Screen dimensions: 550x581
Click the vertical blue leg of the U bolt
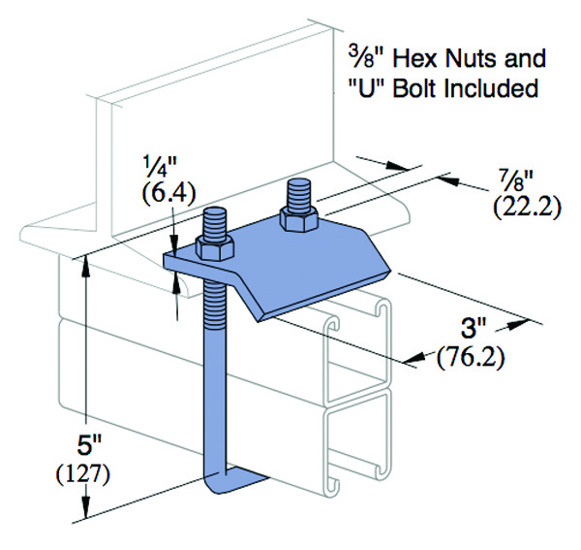coord(215,388)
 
